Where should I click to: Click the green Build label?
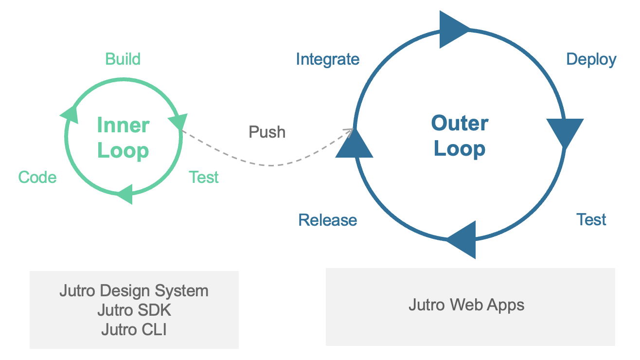(x=123, y=59)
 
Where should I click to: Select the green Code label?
(x=37, y=178)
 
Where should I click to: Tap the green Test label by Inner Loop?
(x=204, y=178)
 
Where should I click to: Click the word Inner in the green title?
(x=123, y=125)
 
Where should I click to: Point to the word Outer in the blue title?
(x=460, y=123)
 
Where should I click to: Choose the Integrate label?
(x=327, y=59)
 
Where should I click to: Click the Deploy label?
(x=591, y=59)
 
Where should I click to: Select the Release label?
(x=327, y=220)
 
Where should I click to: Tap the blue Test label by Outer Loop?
(x=591, y=219)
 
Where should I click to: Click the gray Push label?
(x=267, y=132)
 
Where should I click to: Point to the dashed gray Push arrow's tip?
(x=352, y=129)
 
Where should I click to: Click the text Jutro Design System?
(x=134, y=291)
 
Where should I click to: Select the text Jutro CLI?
(x=134, y=329)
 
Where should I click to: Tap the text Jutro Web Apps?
(x=466, y=305)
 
